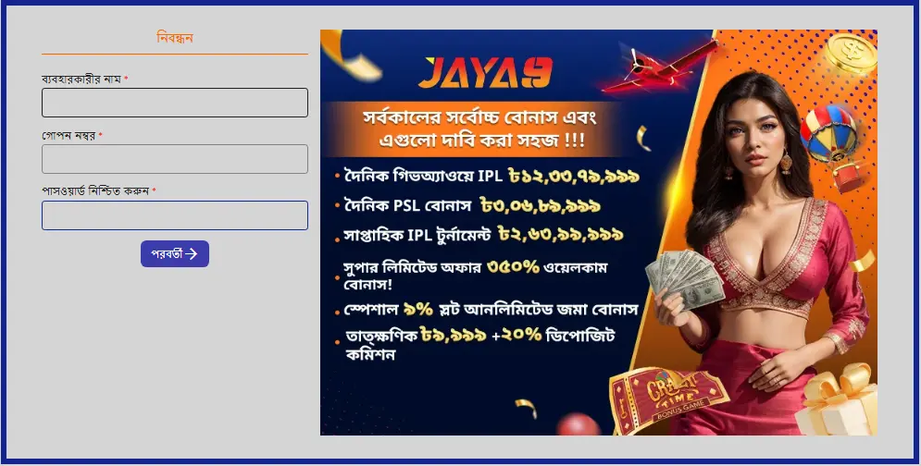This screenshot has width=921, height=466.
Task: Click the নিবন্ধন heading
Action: point(175,39)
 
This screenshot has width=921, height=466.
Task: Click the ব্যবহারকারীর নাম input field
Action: point(175,103)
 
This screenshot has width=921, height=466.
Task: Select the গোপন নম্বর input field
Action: point(175,159)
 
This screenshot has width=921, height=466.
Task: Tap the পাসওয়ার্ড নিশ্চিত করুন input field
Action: point(175,215)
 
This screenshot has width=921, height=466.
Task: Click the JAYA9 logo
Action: point(485,73)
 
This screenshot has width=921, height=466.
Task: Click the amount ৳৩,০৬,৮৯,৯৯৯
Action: point(541,205)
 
